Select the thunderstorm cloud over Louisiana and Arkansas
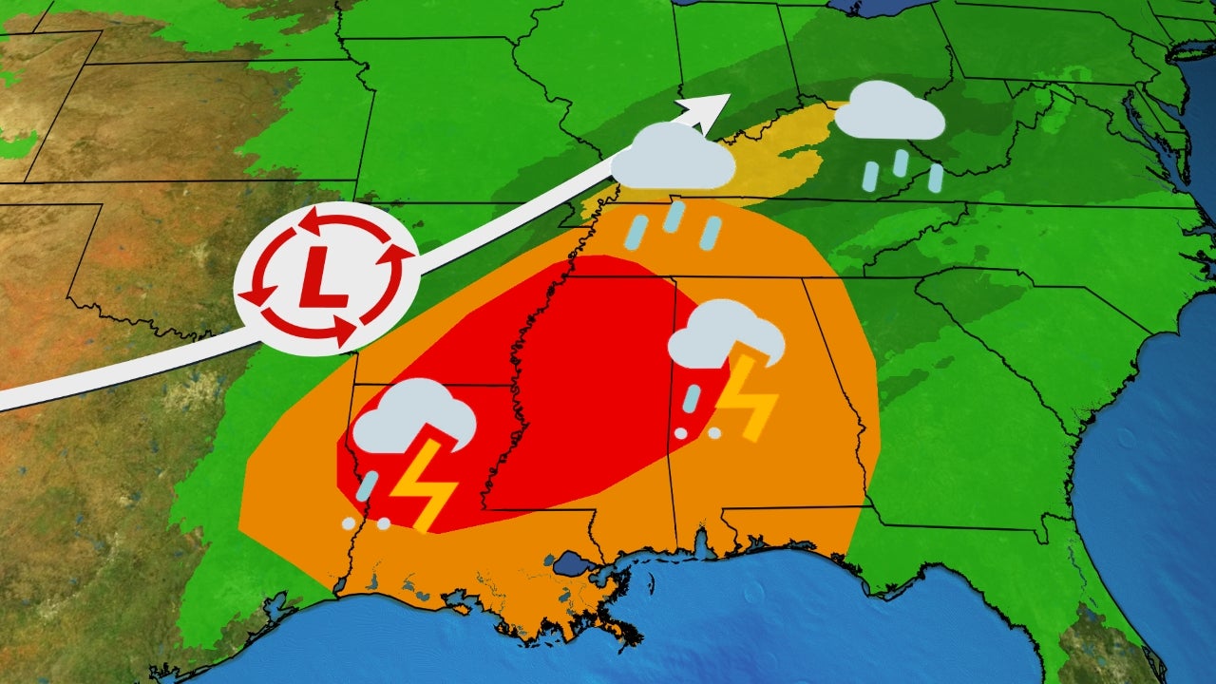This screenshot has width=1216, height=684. [x=412, y=418]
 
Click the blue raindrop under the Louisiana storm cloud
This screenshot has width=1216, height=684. [x=369, y=485]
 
